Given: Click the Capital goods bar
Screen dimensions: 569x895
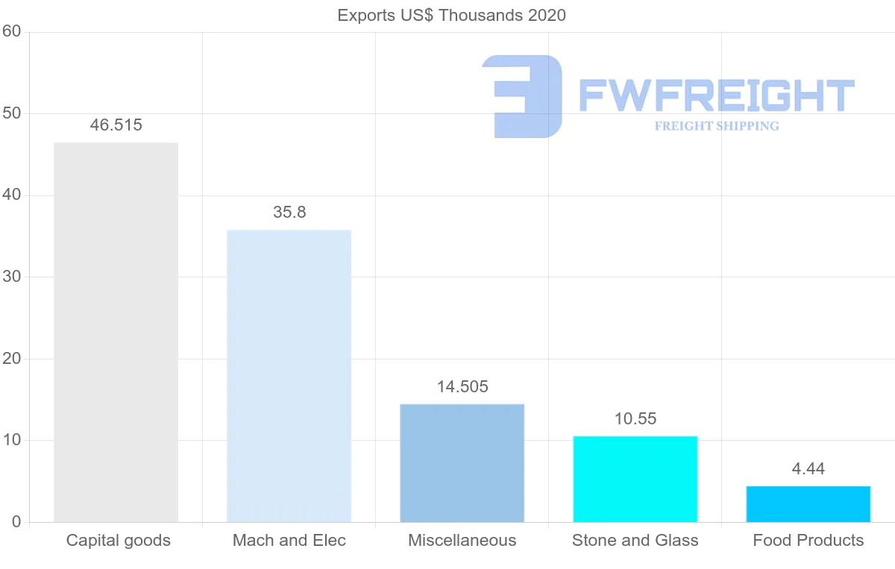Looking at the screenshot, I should pyautogui.click(x=116, y=332).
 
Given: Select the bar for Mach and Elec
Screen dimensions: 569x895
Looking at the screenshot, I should pyautogui.click(x=289, y=376).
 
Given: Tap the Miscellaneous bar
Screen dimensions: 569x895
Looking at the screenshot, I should pyautogui.click(x=462, y=463).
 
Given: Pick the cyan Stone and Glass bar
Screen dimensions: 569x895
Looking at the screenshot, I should pyautogui.click(x=635, y=479).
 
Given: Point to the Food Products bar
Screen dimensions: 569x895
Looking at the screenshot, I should pyautogui.click(x=808, y=504).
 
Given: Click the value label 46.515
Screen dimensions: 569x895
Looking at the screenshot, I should pyautogui.click(x=116, y=125).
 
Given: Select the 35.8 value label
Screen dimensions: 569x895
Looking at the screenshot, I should pyautogui.click(x=289, y=213).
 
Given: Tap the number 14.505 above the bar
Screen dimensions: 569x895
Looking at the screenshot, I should pyautogui.click(x=462, y=387).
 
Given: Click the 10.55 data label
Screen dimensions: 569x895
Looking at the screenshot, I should pyautogui.click(x=635, y=419).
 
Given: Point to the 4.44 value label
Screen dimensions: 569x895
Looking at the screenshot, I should pyautogui.click(x=808, y=469).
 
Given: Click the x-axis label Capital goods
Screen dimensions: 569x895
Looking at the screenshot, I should pyautogui.click(x=119, y=541).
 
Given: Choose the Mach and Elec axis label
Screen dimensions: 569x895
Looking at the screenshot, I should pyautogui.click(x=289, y=541).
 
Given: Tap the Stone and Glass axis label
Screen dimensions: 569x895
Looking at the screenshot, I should pyautogui.click(x=635, y=541).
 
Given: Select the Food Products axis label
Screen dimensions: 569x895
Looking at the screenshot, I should pyautogui.click(x=808, y=541).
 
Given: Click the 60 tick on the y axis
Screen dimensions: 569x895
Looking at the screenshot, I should pyautogui.click(x=11, y=32).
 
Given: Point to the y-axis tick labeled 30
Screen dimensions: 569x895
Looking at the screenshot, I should pyautogui.click(x=11, y=277).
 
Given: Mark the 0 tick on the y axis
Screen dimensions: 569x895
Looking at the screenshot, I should pyautogui.click(x=16, y=522).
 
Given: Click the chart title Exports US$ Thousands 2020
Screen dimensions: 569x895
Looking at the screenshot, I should pyautogui.click(x=452, y=16).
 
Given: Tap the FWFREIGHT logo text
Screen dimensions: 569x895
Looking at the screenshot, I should pyautogui.click(x=716, y=95).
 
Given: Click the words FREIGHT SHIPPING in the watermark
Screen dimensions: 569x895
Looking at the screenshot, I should pyautogui.click(x=717, y=126).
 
